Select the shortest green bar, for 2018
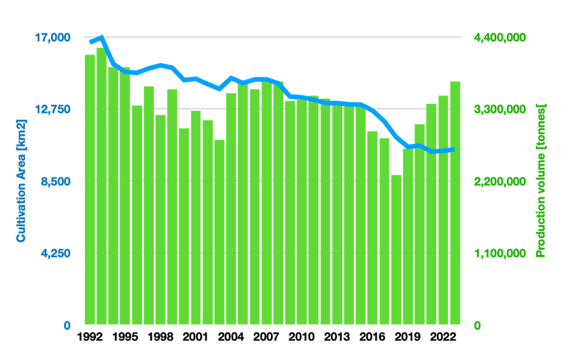tap(397, 250)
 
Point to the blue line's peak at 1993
tap(101, 38)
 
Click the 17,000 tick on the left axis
tap(52, 38)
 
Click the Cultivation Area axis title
tap(21, 181)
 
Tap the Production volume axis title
tap(541, 181)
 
